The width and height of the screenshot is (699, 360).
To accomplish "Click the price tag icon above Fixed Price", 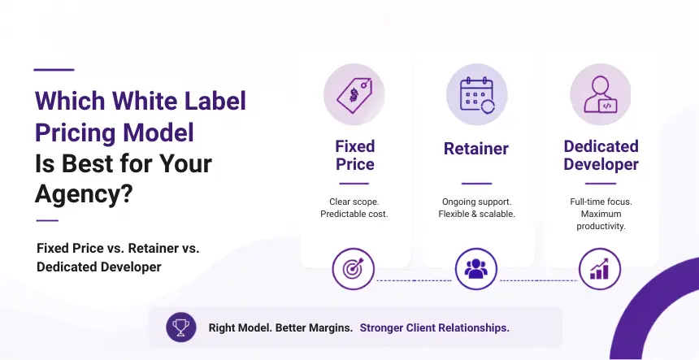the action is point(354,95).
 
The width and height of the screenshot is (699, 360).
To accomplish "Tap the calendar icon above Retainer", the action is point(477,94).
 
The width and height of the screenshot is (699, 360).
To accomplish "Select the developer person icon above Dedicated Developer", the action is point(601,95).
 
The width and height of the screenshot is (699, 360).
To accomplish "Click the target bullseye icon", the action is point(353,269).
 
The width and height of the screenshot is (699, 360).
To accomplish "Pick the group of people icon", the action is point(476,269).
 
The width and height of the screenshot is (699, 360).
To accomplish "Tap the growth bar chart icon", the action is point(600,269).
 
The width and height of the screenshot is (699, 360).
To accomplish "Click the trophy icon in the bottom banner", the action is point(181,327).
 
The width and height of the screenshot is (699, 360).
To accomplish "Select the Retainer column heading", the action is point(476,149).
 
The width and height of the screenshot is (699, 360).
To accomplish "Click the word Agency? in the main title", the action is point(85,195).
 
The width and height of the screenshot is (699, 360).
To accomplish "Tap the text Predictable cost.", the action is point(354,214).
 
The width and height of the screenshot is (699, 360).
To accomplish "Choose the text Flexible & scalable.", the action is point(476,214).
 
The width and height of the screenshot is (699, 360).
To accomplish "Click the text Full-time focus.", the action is point(601,202).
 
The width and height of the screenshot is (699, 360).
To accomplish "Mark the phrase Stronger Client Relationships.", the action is point(434,328).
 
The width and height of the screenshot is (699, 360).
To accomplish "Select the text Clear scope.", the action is point(354,202).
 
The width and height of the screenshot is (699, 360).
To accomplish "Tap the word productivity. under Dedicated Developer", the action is point(601,227).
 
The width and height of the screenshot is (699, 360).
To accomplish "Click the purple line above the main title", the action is point(54,70).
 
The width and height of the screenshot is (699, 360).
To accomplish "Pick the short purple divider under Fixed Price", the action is point(354,183).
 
